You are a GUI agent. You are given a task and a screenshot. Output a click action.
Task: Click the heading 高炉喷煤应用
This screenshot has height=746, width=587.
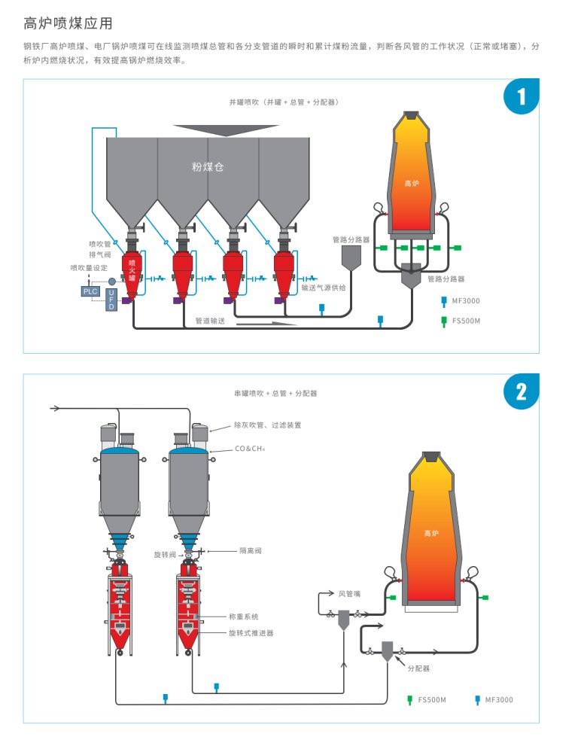(67, 22)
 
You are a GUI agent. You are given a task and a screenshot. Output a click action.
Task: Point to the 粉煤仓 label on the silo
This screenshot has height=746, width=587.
(208, 166)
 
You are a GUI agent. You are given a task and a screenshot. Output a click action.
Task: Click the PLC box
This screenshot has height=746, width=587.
(90, 291)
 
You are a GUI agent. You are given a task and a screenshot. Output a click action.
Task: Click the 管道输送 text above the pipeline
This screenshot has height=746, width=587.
(211, 321)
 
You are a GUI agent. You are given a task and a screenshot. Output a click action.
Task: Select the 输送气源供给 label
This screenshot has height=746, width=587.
(324, 287)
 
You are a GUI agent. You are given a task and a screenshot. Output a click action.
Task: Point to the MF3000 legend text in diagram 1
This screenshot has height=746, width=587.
(467, 301)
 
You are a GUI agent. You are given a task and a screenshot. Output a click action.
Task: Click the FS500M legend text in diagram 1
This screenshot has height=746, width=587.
(466, 321)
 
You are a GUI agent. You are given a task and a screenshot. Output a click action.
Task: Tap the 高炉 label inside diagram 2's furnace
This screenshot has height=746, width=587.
(430, 533)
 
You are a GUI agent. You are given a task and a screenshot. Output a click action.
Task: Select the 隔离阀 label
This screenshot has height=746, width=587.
(251, 550)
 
